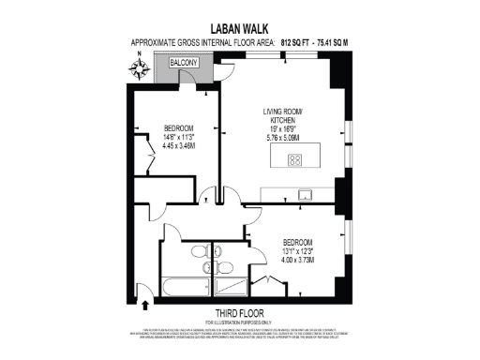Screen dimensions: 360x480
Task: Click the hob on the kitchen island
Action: pyautogui.click(x=293, y=158)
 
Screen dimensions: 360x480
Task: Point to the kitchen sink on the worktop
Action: pyautogui.click(x=304, y=194)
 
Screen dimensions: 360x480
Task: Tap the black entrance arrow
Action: pyautogui.click(x=145, y=303)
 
